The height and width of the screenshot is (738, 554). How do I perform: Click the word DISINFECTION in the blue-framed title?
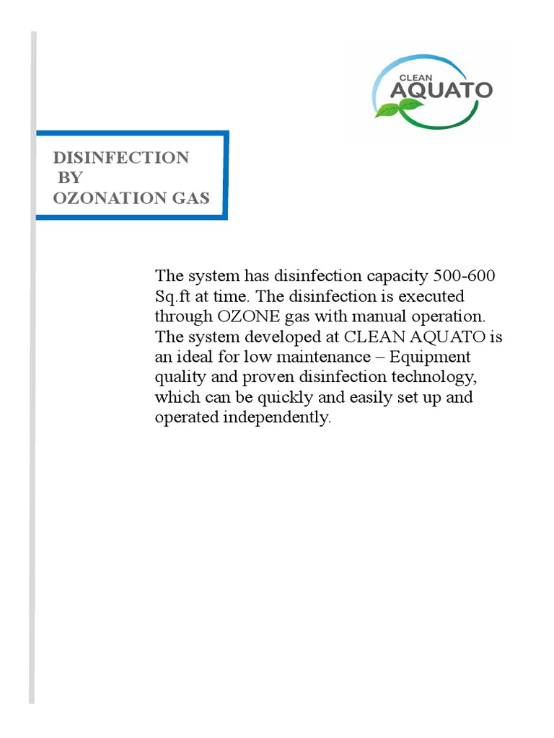tap(121, 158)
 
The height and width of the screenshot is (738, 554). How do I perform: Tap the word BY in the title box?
tap(70, 178)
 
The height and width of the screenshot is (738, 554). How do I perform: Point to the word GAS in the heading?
tap(188, 198)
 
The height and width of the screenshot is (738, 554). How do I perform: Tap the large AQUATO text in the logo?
tap(441, 91)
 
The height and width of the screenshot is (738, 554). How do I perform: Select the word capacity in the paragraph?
tap(395, 276)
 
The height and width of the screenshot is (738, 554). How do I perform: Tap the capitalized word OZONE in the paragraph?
tap(248, 316)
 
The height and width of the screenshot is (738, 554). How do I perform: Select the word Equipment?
tap(439, 357)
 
